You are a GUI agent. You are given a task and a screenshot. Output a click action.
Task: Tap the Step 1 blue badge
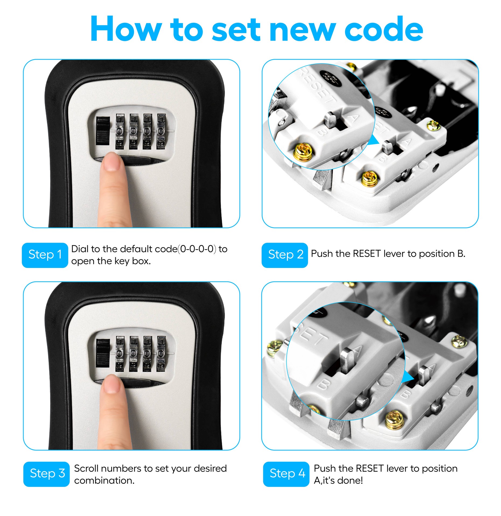pos(45,255)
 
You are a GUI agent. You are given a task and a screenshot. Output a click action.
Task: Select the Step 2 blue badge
pos(285,255)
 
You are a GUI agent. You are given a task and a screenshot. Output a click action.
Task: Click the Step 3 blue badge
pos(47,474)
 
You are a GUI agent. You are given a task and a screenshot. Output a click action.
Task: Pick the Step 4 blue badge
pos(286,474)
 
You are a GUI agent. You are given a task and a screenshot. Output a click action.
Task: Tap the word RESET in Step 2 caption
pos(367,254)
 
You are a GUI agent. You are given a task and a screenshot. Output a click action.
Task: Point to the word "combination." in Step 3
pos(104,481)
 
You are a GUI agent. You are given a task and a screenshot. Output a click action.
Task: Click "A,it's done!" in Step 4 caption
pos(338,481)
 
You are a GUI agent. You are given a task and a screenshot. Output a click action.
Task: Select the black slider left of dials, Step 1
pos(103,131)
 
